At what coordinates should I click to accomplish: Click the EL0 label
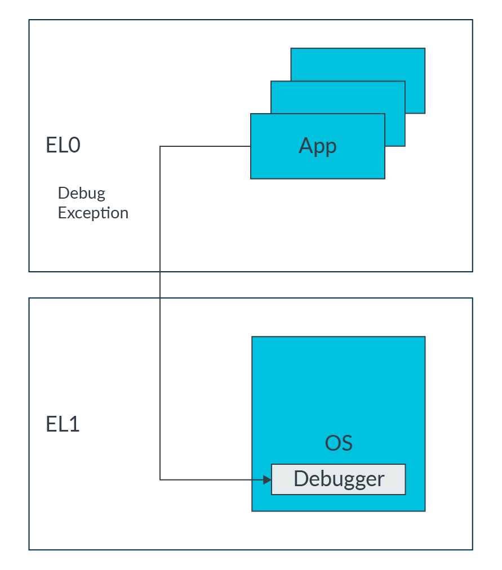click(63, 145)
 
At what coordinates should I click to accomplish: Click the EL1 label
click(63, 424)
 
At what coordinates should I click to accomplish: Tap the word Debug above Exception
click(81, 193)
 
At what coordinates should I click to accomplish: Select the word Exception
click(93, 213)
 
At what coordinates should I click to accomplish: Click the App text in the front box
click(318, 146)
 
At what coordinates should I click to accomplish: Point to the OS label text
click(339, 443)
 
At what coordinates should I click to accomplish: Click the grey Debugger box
click(338, 479)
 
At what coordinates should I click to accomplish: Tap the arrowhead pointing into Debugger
click(268, 480)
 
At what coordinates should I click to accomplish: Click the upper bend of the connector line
click(161, 147)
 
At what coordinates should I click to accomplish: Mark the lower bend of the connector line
click(161, 479)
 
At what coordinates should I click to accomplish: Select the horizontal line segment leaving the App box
click(206, 147)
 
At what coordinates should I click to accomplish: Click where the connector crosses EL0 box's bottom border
click(161, 272)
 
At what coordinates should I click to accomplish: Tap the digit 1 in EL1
click(73, 424)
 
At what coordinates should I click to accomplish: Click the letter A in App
click(305, 146)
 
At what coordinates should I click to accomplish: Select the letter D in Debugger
click(300, 479)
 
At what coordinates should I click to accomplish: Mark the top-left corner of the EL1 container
click(29, 298)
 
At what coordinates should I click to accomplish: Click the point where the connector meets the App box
click(251, 147)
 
